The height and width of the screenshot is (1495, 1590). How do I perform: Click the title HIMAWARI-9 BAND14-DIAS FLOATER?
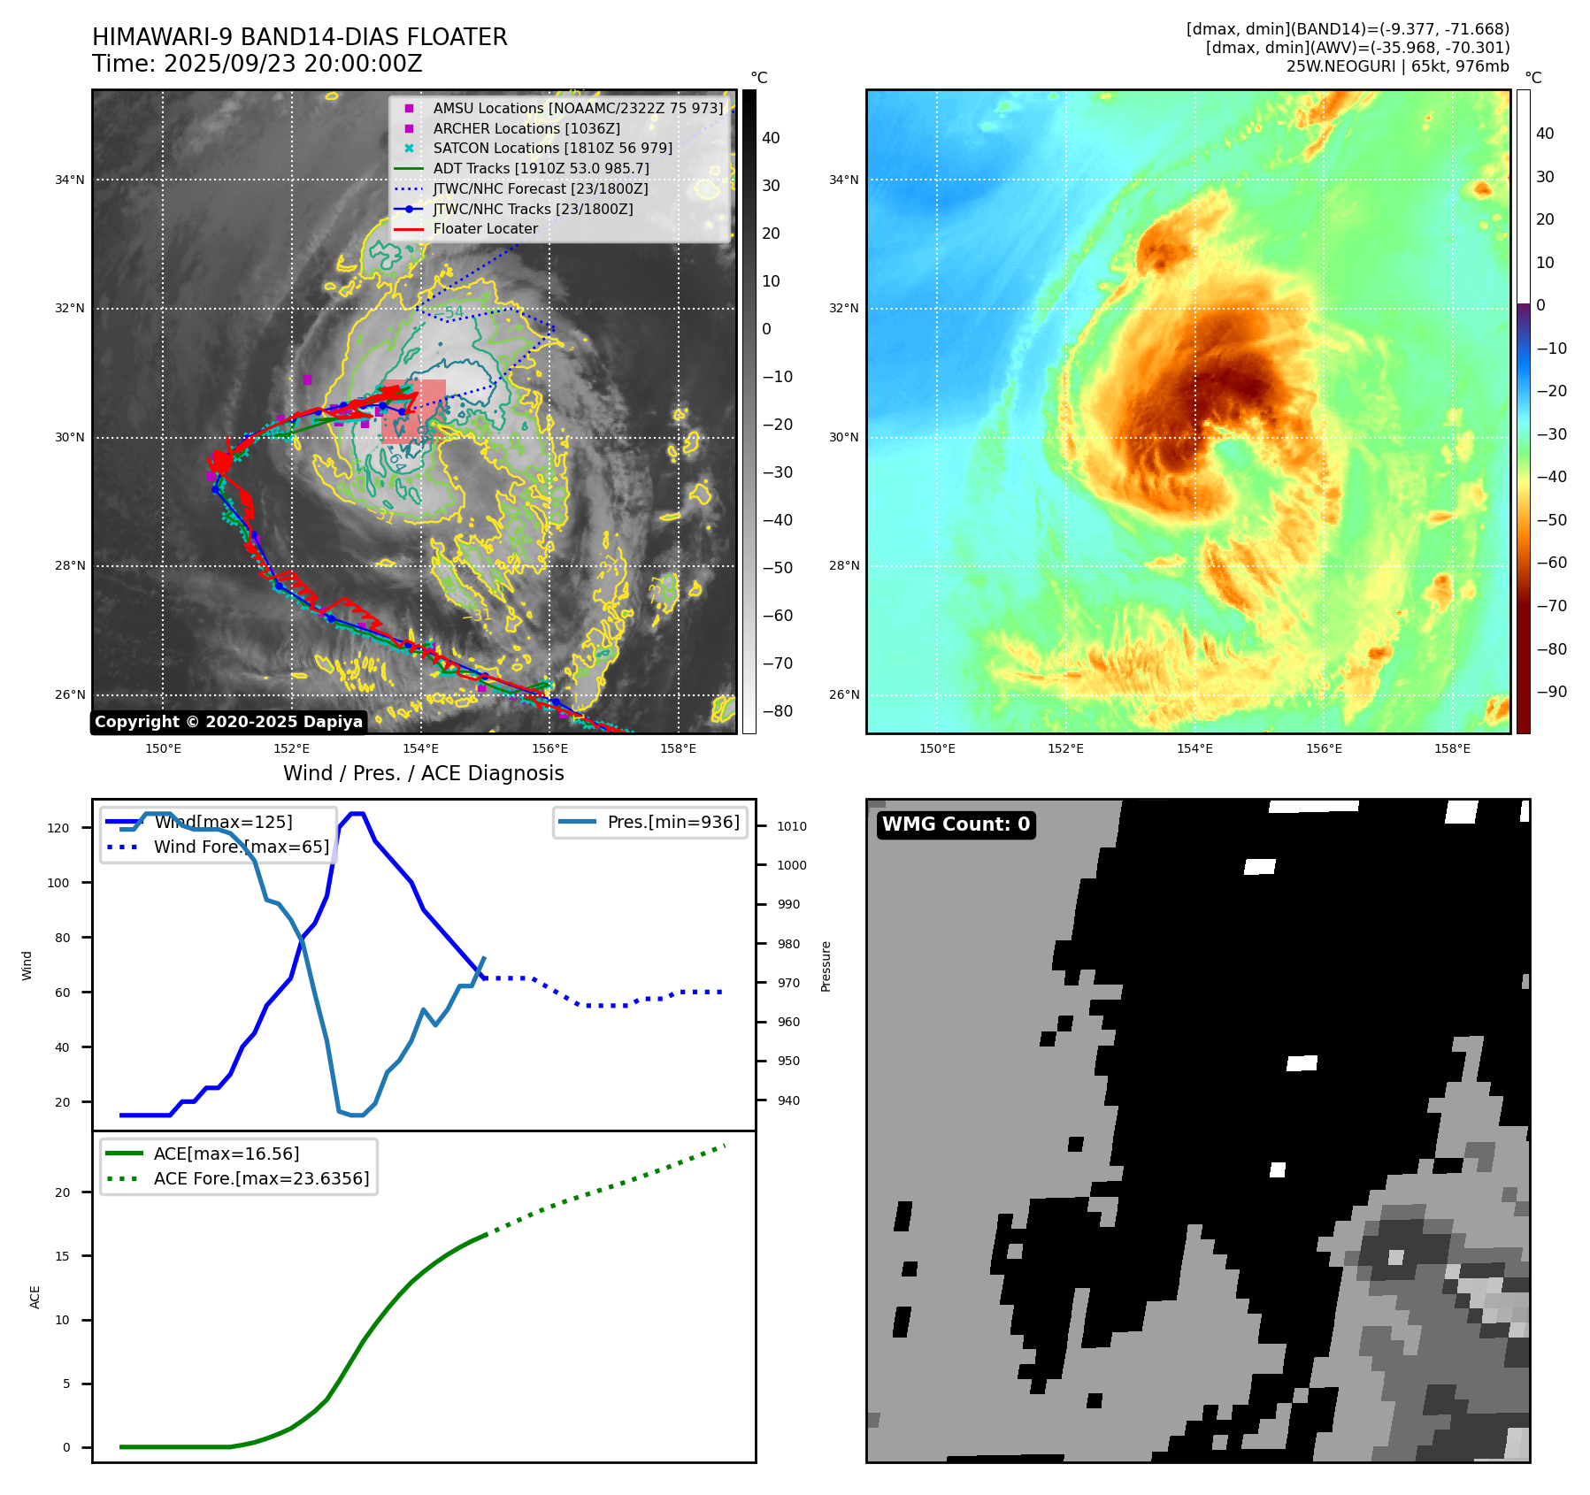click(x=299, y=37)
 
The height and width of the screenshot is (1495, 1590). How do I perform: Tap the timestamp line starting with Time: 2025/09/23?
click(x=257, y=64)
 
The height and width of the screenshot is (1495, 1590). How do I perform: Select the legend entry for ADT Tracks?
click(x=541, y=168)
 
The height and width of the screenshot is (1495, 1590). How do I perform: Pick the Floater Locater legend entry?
click(x=485, y=228)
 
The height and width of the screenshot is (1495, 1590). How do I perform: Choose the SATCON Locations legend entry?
click(x=552, y=148)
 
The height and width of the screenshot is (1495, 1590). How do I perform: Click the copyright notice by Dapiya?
click(x=228, y=722)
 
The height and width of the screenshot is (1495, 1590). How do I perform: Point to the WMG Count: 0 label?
click(x=956, y=824)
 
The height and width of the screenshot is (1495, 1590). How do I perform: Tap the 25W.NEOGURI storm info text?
click(x=1397, y=66)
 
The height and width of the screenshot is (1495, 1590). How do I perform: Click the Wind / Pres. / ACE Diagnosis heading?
click(x=423, y=773)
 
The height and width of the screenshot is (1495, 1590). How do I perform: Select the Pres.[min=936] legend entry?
click(x=672, y=822)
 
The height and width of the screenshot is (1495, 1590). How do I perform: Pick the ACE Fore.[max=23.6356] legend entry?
click(x=261, y=1178)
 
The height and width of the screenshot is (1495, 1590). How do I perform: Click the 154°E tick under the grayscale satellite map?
click(x=420, y=748)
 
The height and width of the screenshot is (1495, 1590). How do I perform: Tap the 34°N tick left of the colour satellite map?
click(x=843, y=180)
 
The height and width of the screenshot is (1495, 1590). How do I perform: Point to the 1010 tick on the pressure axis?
click(x=791, y=826)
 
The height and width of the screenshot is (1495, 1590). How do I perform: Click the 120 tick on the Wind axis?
click(x=58, y=828)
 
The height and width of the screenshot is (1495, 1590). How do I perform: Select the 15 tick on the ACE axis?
click(x=62, y=1256)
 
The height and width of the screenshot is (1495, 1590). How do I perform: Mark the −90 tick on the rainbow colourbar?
click(x=1551, y=692)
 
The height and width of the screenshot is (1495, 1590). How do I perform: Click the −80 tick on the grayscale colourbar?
click(x=778, y=711)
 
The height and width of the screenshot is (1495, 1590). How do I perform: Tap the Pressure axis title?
click(x=826, y=966)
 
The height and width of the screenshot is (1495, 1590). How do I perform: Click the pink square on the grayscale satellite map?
click(x=413, y=411)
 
